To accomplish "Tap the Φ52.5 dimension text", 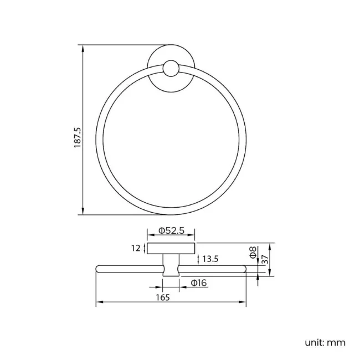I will pos(171,230).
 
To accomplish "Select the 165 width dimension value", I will pos(162,296).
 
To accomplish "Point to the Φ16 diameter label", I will pos(198,283).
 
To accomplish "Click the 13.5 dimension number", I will pos(210,259).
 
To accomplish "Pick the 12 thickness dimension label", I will pos(136,249).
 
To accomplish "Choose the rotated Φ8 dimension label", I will pos(253,254).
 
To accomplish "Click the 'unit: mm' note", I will pos(325,342).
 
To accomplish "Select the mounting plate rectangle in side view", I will pos(171,248).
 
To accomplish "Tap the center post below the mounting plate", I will pos(171,264).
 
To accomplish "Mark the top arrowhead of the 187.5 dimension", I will pos(83,48).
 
